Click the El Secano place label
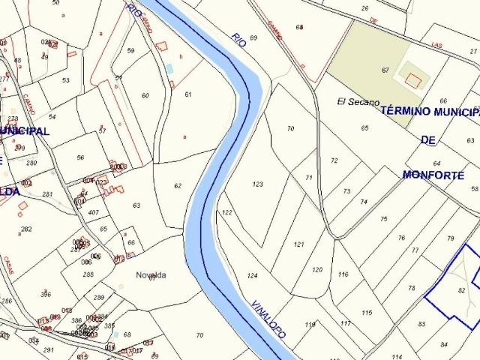[x=358, y=102]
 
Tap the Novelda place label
[x=151, y=274]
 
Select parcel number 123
[x=258, y=184]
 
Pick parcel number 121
[x=299, y=244]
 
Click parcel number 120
[x=317, y=269]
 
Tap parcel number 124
[x=252, y=276]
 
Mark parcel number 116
[x=343, y=274]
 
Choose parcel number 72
[x=334, y=160]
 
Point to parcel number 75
[x=384, y=219]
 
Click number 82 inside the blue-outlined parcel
[x=461, y=289]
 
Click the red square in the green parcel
[x=412, y=78]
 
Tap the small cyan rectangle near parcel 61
[x=169, y=68]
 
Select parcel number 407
[x=94, y=213]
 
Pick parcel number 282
[x=26, y=229]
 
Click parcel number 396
[x=46, y=294]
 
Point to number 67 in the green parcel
[x=385, y=70]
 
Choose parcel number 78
[x=411, y=288]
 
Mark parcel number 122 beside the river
[x=227, y=213]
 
